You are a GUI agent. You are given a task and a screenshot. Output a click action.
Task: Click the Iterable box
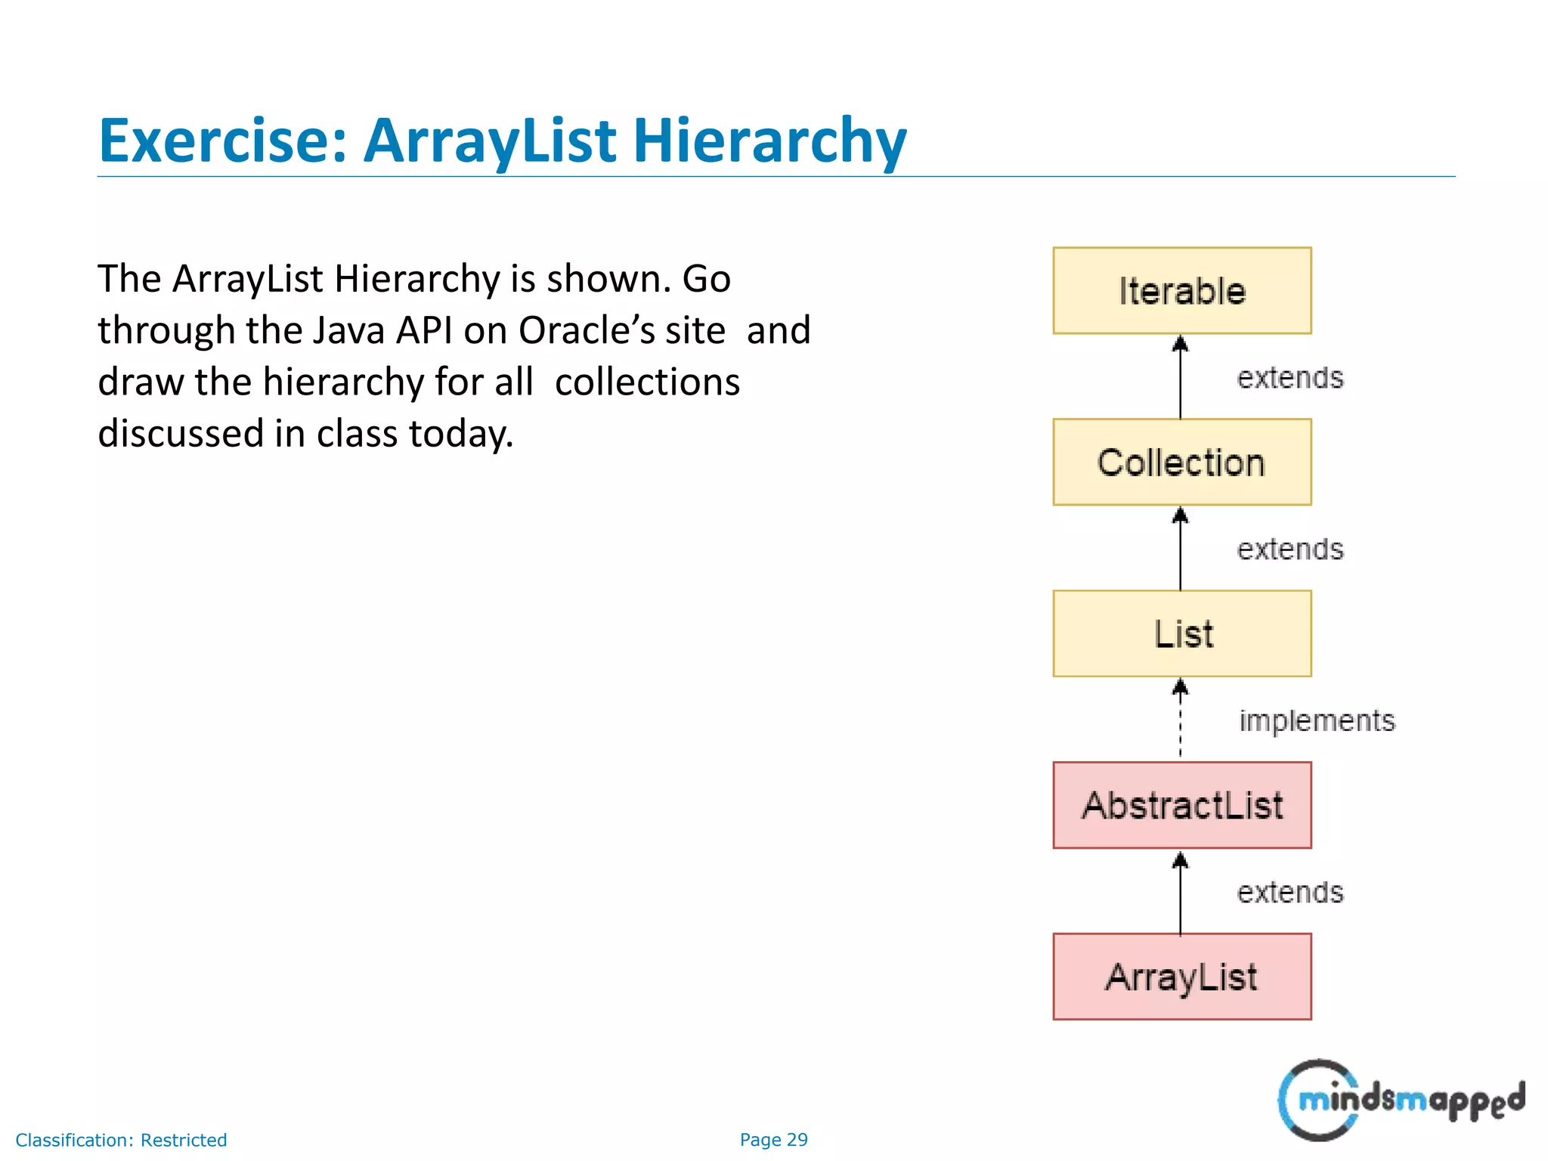1181,291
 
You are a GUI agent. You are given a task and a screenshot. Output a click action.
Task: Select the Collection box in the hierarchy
1181,463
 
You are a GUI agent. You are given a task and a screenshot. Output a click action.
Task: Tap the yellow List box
1181,633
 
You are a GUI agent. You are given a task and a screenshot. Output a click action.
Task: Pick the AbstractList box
1181,805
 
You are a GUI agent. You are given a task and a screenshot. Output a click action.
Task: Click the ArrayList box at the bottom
1181,977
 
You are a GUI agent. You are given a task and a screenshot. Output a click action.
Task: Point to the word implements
1317,721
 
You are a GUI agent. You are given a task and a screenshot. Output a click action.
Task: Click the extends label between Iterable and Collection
1289,377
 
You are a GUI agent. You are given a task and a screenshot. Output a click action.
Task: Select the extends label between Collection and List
1289,549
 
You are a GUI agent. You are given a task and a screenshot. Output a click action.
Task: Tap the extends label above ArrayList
1289,892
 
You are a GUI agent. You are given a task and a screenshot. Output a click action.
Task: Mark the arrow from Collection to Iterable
1180,377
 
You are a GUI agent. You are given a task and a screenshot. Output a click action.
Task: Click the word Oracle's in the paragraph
621,330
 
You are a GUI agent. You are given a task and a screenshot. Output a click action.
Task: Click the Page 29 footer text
773,1140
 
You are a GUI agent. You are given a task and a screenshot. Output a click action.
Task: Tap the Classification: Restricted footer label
121,1140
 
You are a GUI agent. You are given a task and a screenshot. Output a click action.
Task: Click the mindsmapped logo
1400,1100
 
